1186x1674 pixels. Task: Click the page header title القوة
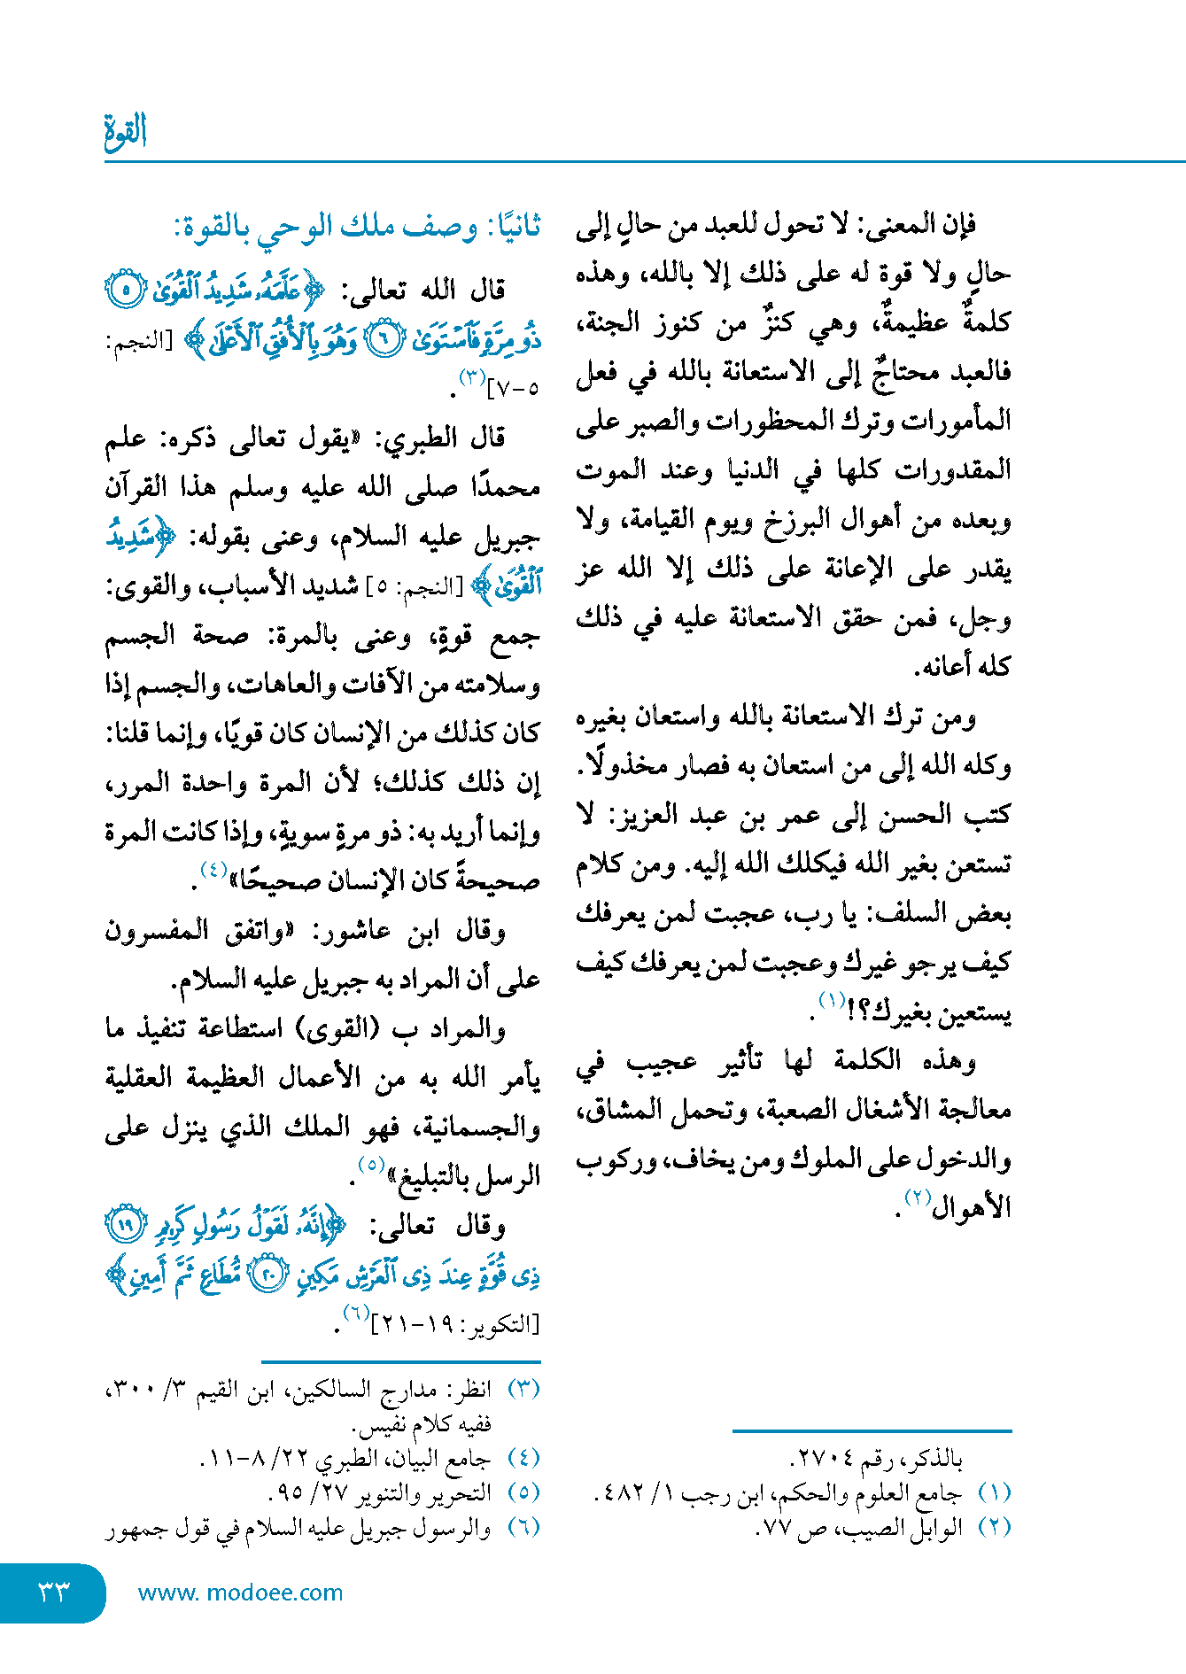click(125, 132)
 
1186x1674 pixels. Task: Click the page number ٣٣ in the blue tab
click(53, 1593)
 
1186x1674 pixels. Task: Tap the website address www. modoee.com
click(240, 1593)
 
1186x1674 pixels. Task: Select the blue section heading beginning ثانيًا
click(358, 228)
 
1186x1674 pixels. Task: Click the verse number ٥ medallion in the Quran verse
click(126, 289)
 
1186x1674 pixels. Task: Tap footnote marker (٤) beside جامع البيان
click(523, 1458)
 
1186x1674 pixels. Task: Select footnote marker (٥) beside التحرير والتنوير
click(523, 1492)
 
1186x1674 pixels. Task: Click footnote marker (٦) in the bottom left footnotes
click(523, 1527)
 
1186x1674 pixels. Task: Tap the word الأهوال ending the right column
click(972, 1207)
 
